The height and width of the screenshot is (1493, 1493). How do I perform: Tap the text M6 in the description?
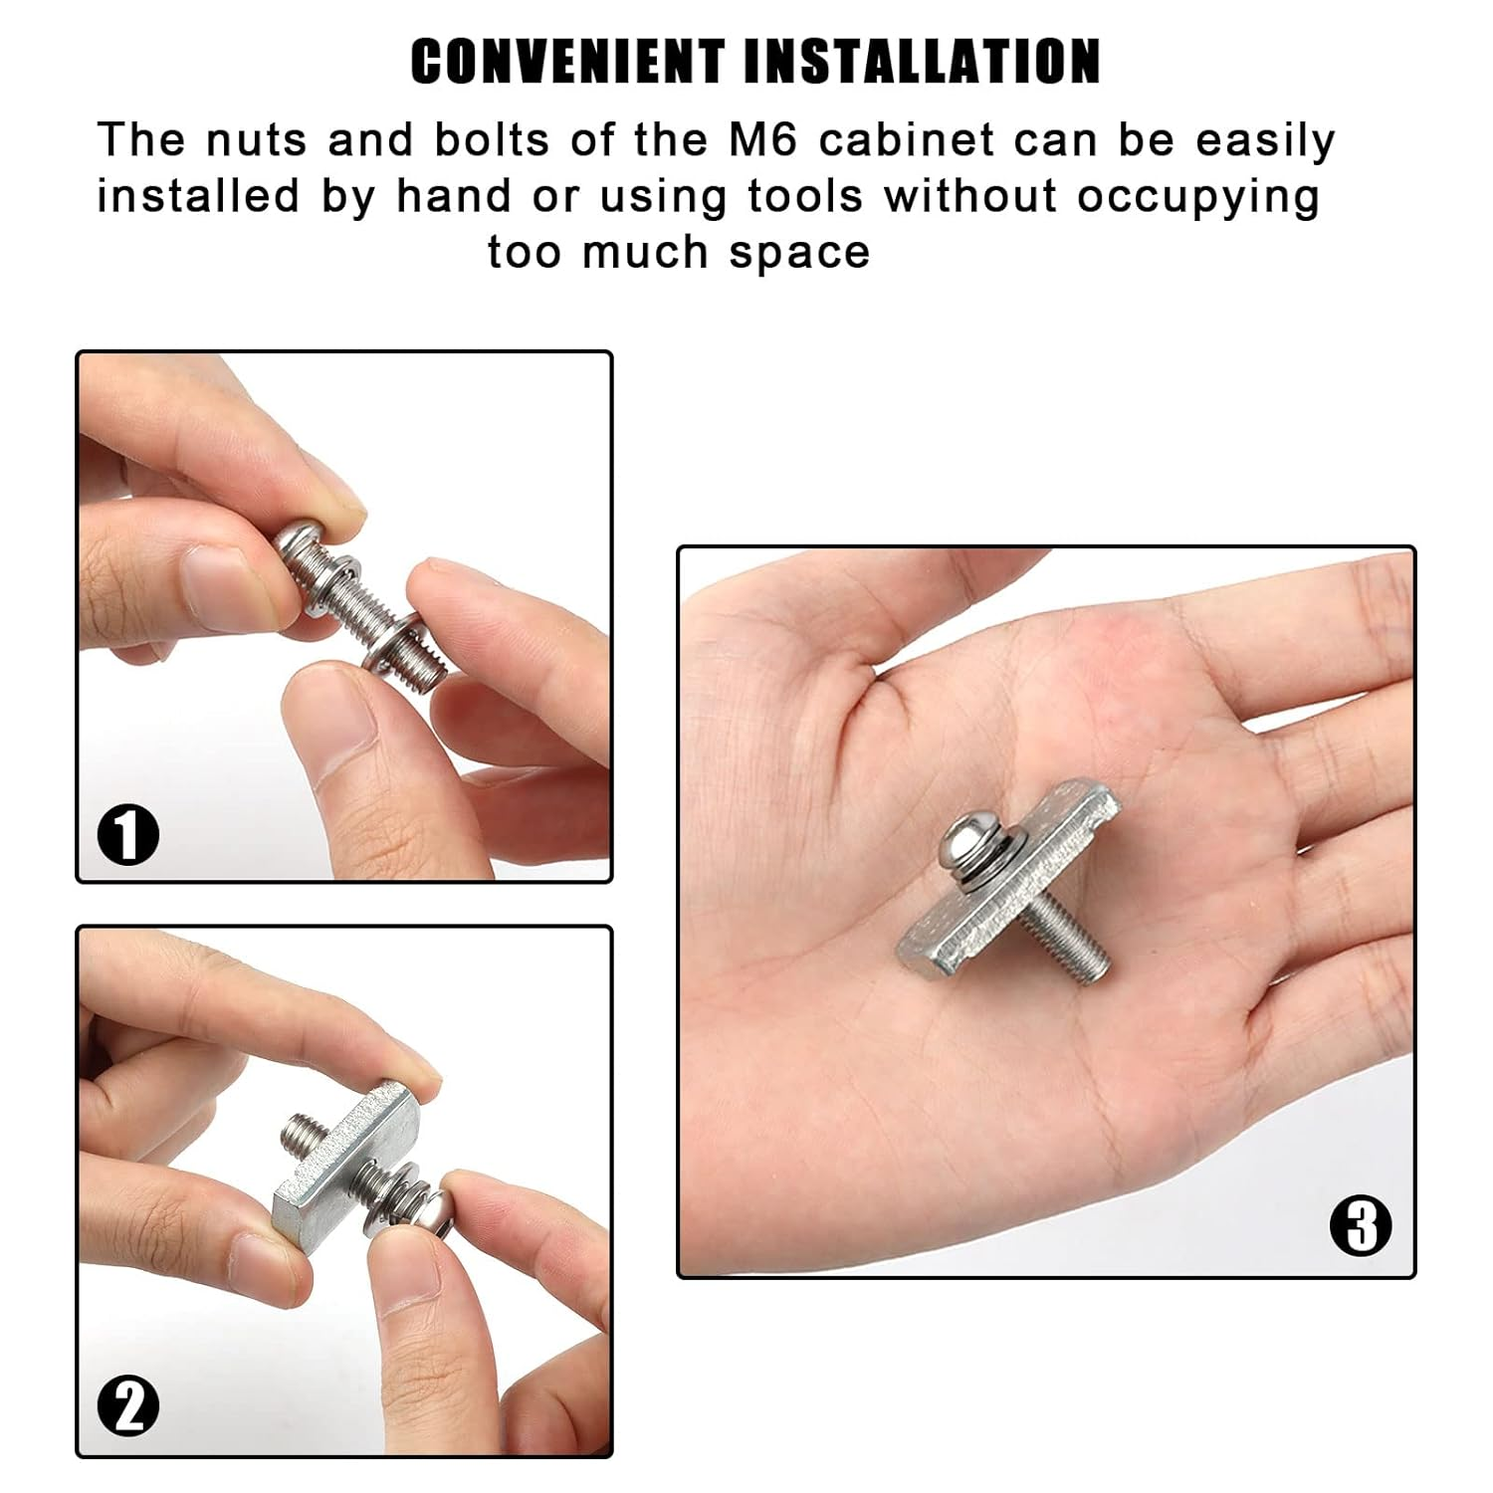(763, 140)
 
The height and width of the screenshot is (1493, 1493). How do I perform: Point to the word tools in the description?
(804, 196)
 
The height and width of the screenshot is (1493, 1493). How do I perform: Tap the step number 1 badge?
(128, 835)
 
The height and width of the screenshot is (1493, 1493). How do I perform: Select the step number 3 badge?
(1360, 1225)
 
